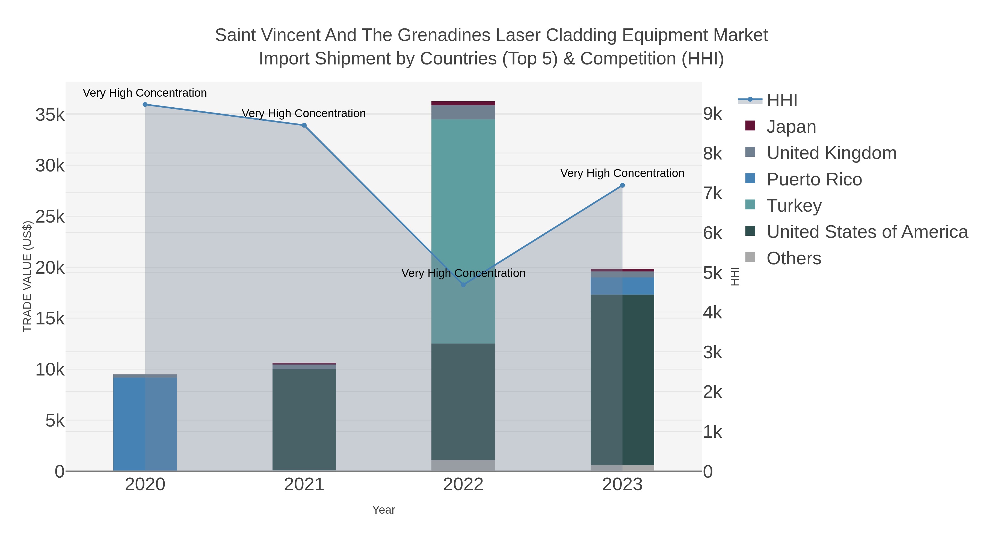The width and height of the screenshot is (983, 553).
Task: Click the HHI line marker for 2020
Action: (145, 105)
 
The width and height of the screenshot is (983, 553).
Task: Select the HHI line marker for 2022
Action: (463, 285)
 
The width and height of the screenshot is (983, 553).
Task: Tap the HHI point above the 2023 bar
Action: (622, 185)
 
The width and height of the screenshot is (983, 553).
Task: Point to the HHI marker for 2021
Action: (304, 125)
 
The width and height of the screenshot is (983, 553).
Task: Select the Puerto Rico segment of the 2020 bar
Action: (145, 424)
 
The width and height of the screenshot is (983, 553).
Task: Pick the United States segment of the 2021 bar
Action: (304, 420)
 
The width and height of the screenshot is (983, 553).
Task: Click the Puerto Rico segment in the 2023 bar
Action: (622, 286)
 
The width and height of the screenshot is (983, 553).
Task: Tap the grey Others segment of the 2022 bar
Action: (463, 465)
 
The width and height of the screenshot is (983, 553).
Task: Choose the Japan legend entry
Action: (791, 127)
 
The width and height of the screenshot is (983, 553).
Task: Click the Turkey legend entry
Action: (794, 206)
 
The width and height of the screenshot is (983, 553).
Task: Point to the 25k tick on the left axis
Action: (50, 217)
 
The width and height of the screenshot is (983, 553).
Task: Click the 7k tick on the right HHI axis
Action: (712, 194)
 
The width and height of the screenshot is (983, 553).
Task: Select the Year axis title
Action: (384, 510)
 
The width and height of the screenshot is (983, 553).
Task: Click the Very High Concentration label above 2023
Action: (622, 173)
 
